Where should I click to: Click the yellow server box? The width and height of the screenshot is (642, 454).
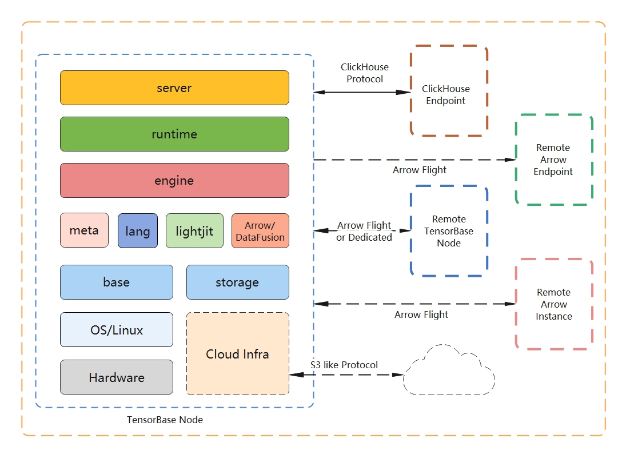point(174,88)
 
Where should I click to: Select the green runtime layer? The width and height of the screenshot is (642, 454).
point(174,134)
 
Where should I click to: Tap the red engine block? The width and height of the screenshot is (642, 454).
point(174,181)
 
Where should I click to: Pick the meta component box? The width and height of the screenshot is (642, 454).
point(84,230)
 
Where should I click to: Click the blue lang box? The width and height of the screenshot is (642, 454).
point(138,231)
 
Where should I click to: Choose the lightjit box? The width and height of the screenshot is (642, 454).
point(194,231)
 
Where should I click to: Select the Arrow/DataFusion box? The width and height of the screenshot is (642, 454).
point(260,231)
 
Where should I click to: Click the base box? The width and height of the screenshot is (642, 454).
point(117,282)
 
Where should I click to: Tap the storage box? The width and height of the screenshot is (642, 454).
point(237,282)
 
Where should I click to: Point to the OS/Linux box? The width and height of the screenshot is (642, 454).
point(117,330)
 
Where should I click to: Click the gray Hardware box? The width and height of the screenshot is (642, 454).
point(117,377)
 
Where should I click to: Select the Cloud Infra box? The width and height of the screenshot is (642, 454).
point(237,353)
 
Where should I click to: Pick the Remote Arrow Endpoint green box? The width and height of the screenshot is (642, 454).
point(553,160)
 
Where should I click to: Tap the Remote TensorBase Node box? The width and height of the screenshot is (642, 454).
point(449,231)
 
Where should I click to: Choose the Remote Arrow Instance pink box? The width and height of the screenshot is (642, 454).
point(553,304)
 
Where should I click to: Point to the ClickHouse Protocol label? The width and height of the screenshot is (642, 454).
point(365,73)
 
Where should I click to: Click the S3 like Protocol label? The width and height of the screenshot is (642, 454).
point(344,365)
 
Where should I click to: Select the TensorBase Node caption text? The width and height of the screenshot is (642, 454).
point(165,420)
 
